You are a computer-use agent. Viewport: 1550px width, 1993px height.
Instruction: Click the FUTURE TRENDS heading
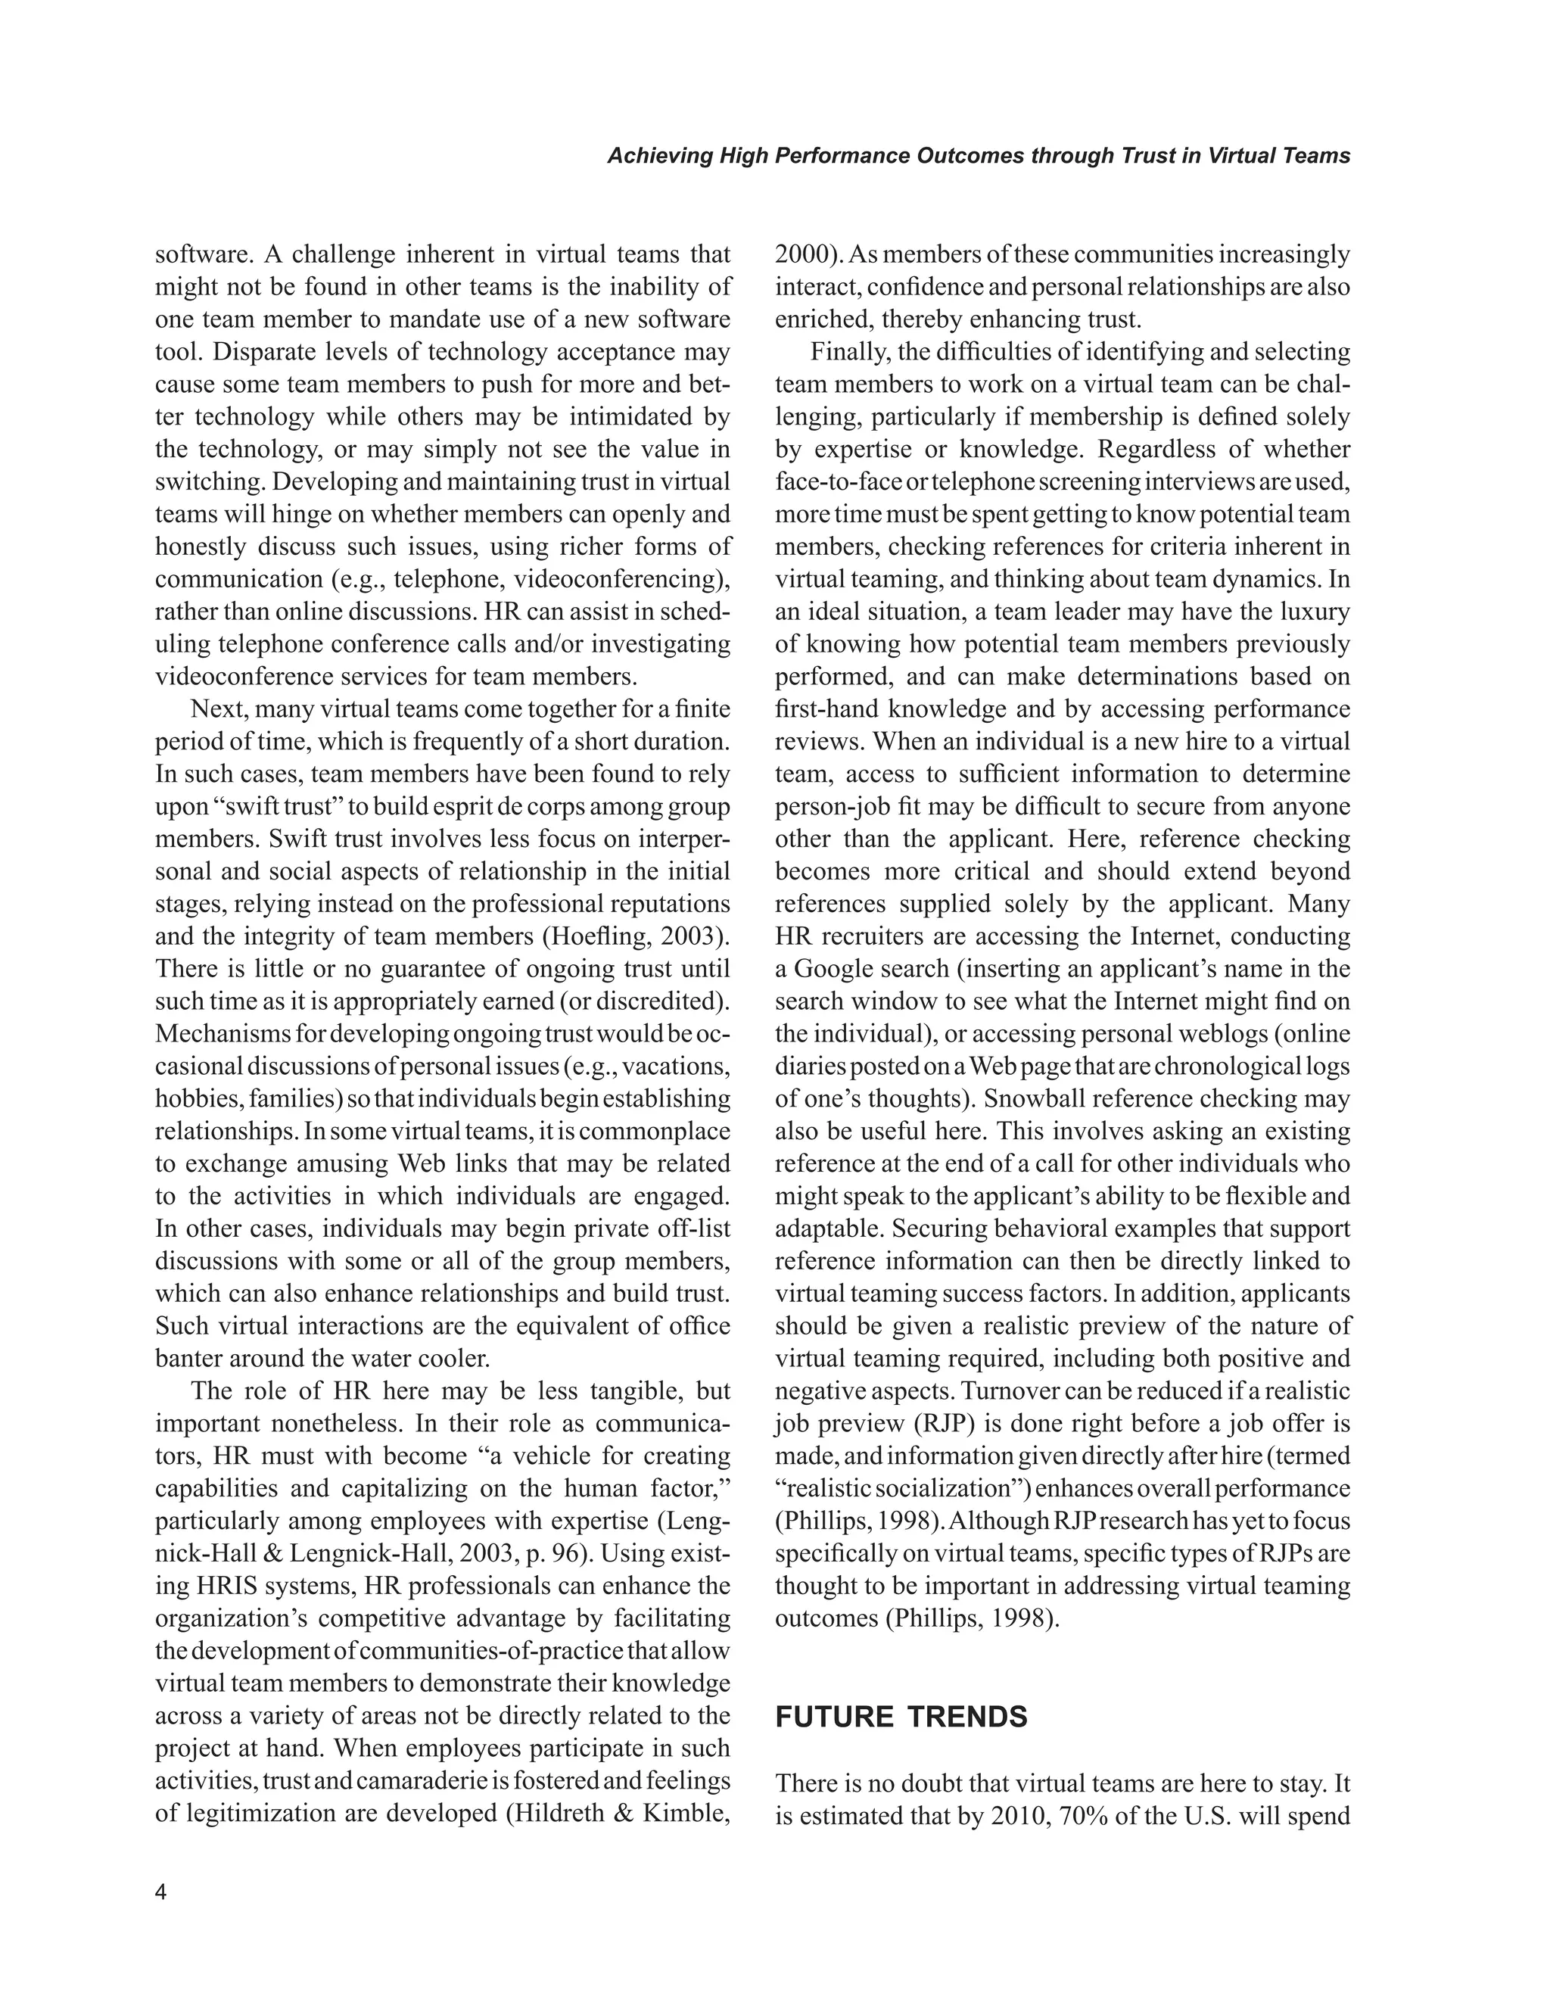click(x=901, y=1717)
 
